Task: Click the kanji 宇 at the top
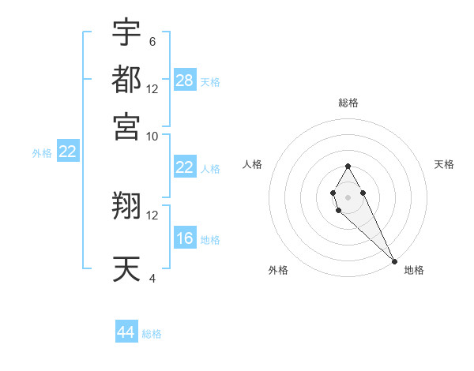point(126,32)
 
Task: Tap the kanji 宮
point(126,126)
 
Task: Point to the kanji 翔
point(126,206)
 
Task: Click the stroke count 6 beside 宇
point(152,41)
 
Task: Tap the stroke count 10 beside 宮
point(152,135)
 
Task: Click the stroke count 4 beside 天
point(152,278)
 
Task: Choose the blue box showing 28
point(185,80)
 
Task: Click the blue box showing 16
point(185,239)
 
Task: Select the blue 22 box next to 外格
point(67,152)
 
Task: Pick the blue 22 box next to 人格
point(185,167)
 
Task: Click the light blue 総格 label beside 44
point(152,334)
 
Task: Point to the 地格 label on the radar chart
point(414,270)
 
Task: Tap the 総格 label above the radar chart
point(348,103)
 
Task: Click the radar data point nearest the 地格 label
point(394,261)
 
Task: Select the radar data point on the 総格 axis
point(348,166)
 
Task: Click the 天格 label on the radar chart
point(444,164)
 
